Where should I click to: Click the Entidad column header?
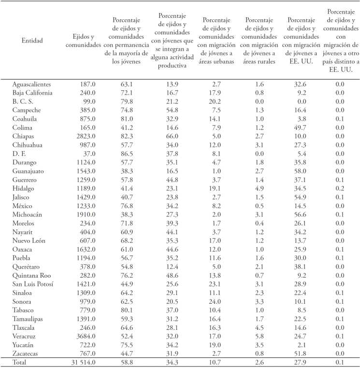[x=32, y=41]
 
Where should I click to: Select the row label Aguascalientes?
[x=31, y=85]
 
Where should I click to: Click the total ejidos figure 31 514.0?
[x=82, y=362]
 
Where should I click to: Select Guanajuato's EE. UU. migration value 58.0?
[x=300, y=171]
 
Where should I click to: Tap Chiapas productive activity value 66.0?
[x=172, y=137]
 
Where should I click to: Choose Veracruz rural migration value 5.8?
[x=259, y=336]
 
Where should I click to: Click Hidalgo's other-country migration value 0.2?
[x=339, y=189]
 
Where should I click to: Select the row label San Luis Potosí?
[x=33, y=283]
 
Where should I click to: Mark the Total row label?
[x=20, y=362]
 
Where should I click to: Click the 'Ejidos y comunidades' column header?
[x=83, y=41]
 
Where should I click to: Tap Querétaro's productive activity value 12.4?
[x=172, y=266]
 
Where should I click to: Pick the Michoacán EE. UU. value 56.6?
[x=300, y=215]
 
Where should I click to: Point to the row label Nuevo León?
[x=30, y=240]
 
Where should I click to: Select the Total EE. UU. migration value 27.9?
[x=300, y=362]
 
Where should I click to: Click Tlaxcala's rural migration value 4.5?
[x=259, y=327]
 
